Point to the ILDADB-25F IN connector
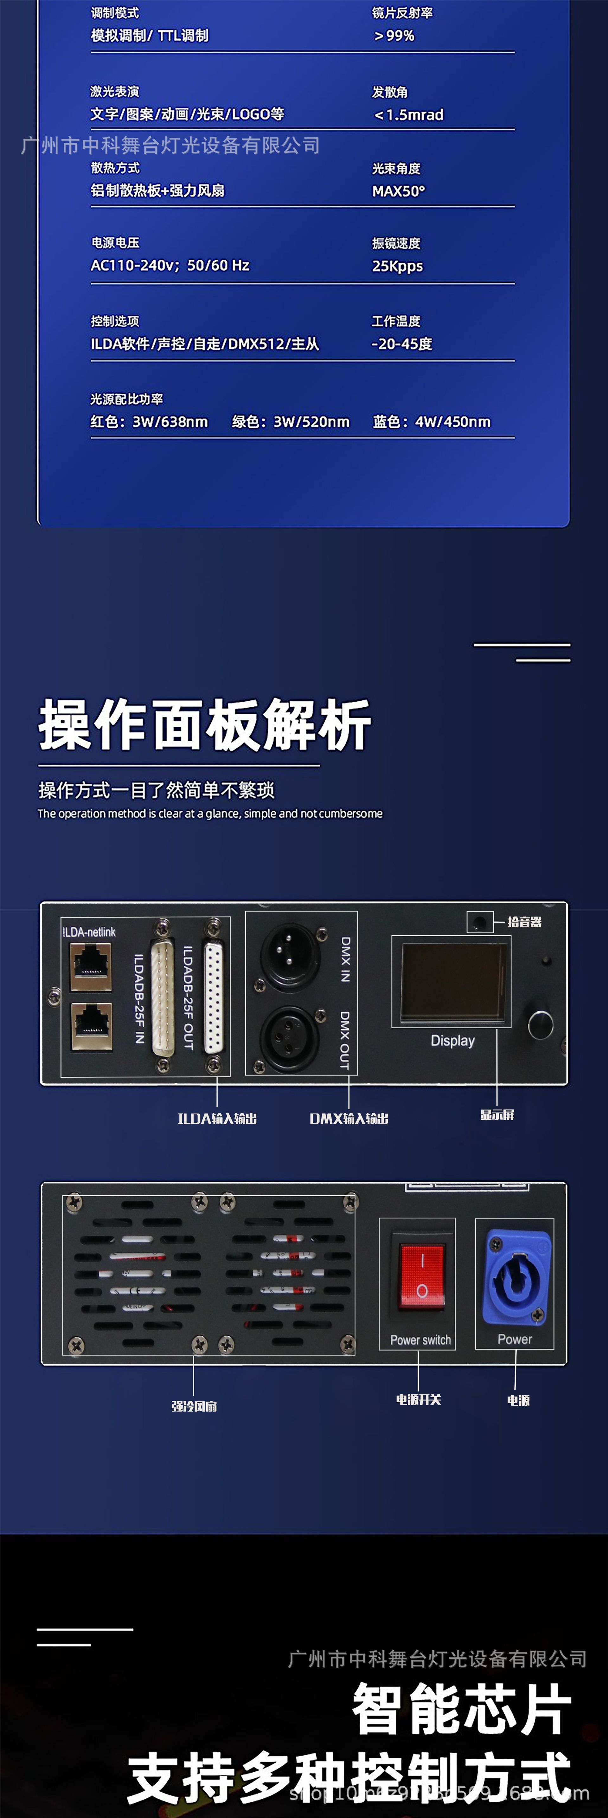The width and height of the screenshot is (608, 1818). (162, 997)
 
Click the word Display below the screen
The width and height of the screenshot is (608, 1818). (453, 1040)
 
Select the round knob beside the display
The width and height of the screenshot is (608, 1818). (540, 1025)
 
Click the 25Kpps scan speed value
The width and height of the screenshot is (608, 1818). (397, 266)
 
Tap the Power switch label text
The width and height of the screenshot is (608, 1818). (420, 1340)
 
